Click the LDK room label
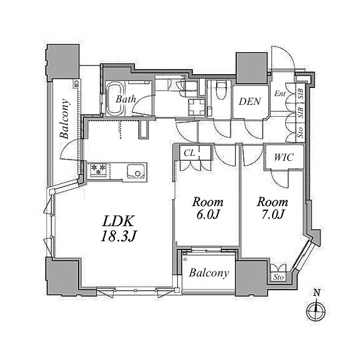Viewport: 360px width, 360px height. (118, 221)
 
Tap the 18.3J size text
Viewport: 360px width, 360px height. (119, 236)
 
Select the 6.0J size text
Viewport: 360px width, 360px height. (208, 214)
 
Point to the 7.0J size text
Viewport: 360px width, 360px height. (273, 214)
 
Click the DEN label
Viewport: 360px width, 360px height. (250, 102)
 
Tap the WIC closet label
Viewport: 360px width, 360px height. (284, 158)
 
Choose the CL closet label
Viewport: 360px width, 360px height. (189, 153)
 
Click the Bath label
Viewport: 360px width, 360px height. (126, 99)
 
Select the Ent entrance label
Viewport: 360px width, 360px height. (280, 94)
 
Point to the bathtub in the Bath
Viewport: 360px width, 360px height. (114, 99)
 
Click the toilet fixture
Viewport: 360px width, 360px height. (222, 90)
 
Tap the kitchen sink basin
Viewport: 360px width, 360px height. (136, 172)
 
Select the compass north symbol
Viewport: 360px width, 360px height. (317, 311)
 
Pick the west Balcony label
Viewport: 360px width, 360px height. (65, 119)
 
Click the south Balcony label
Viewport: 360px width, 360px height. (209, 273)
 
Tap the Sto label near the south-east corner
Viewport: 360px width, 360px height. (278, 277)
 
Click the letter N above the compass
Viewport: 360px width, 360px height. (317, 293)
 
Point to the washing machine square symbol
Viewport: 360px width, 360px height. (196, 107)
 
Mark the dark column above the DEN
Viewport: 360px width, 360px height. (252, 68)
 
